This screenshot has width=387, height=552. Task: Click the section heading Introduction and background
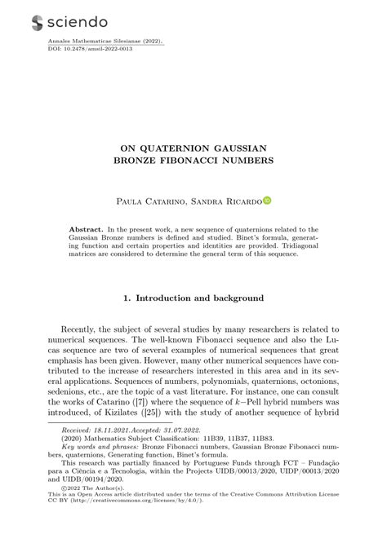[200, 298]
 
